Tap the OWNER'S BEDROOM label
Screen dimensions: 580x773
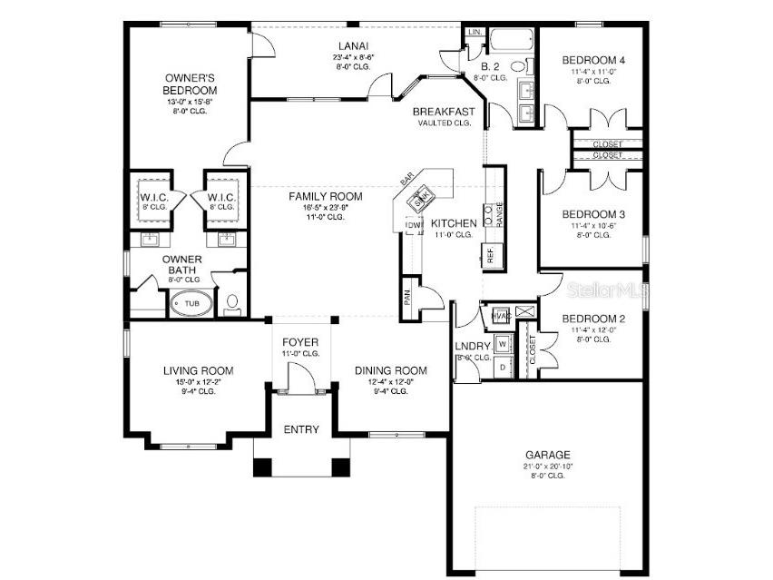(190, 84)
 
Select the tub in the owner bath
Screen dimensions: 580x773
(191, 304)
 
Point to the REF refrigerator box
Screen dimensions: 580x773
(491, 255)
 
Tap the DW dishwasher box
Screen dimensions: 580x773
(414, 226)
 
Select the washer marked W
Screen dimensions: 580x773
(502, 345)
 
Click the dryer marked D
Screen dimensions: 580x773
(502, 367)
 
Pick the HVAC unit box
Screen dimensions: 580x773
(498, 315)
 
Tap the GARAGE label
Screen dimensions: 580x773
(547, 454)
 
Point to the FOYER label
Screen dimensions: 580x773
(300, 341)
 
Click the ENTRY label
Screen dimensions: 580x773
(301, 429)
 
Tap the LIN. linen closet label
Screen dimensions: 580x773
(475, 33)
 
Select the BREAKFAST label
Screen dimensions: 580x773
(444, 112)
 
